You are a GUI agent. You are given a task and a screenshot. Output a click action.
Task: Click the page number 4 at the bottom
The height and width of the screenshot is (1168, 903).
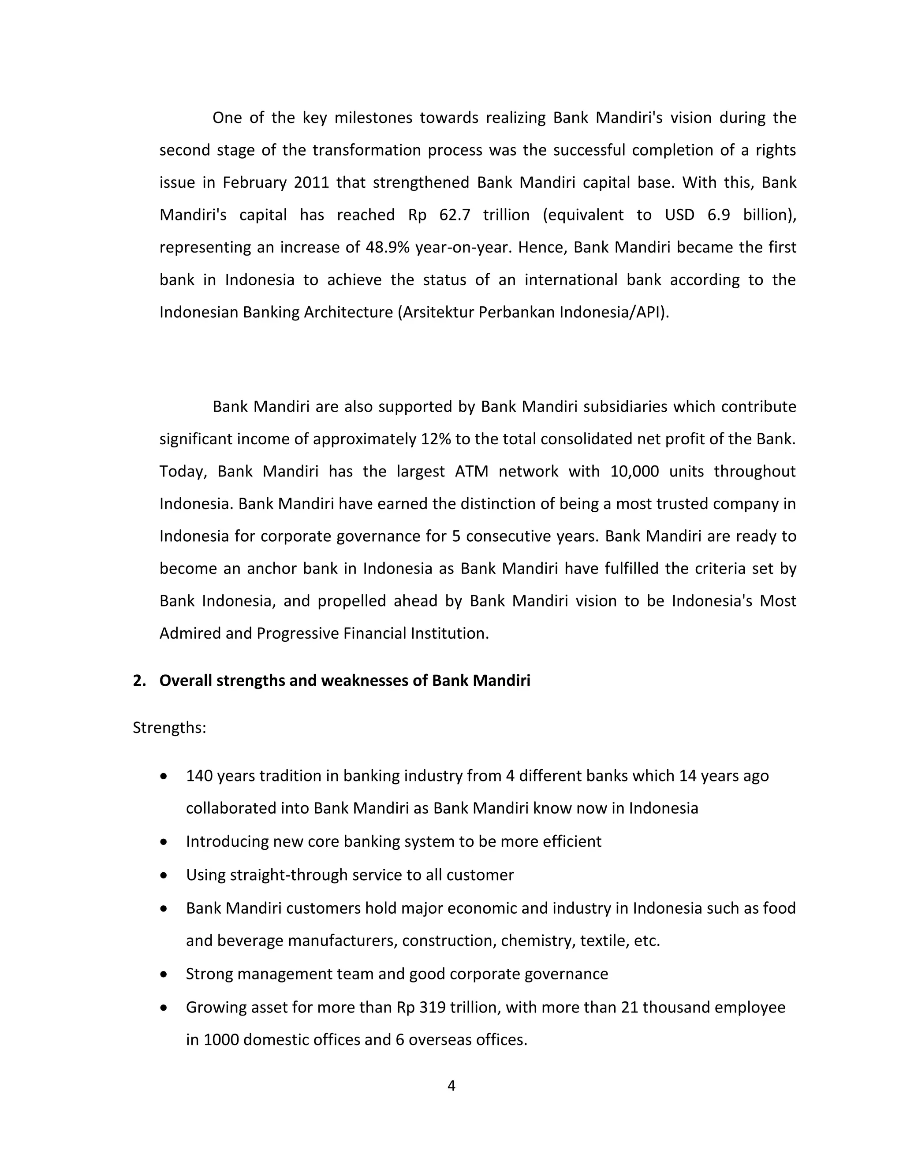(451, 1086)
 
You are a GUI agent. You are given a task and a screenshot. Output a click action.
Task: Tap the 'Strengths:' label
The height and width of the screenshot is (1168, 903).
(169, 728)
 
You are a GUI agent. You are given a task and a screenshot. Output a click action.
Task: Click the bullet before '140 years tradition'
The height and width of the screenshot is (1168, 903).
(164, 776)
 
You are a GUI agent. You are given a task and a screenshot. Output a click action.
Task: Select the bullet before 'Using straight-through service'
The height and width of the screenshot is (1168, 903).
(164, 875)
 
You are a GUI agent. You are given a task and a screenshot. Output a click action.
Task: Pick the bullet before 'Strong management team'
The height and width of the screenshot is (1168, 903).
(164, 975)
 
